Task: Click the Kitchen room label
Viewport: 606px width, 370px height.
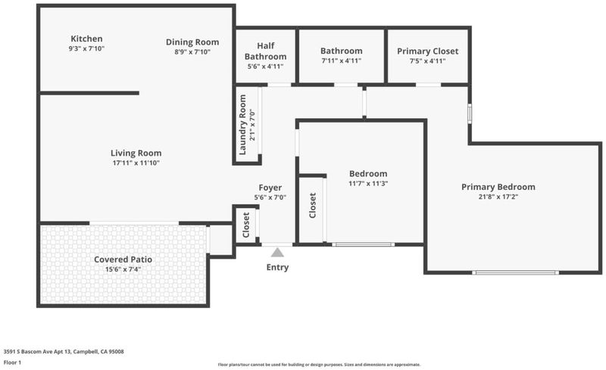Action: (x=86, y=39)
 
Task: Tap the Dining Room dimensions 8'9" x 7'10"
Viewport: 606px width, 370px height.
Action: (x=192, y=51)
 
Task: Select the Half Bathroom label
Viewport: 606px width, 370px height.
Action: (x=266, y=51)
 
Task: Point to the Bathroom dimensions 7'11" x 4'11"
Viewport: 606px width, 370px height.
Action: (x=342, y=61)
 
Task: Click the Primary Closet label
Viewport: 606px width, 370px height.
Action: (x=427, y=51)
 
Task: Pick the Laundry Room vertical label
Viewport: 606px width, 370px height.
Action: (x=242, y=125)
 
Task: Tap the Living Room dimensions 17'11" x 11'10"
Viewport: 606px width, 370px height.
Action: (x=136, y=163)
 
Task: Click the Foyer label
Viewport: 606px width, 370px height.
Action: (x=270, y=188)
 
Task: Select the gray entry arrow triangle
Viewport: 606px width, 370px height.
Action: (x=277, y=253)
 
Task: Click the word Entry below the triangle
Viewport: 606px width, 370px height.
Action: (x=277, y=267)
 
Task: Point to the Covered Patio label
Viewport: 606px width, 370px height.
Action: (x=123, y=260)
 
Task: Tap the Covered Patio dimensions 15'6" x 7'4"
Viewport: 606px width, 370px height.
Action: (x=123, y=269)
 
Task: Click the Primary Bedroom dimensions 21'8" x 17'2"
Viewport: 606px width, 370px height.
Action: (x=498, y=197)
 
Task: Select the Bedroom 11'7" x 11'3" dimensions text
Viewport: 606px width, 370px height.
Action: (x=368, y=183)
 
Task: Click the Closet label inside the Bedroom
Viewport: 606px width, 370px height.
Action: (x=313, y=206)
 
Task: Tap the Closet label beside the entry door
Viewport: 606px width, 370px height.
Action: (x=246, y=225)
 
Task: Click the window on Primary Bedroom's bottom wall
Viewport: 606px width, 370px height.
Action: (x=515, y=272)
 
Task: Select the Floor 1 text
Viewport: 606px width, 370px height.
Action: (x=12, y=362)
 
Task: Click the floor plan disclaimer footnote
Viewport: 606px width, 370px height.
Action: (x=319, y=365)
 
